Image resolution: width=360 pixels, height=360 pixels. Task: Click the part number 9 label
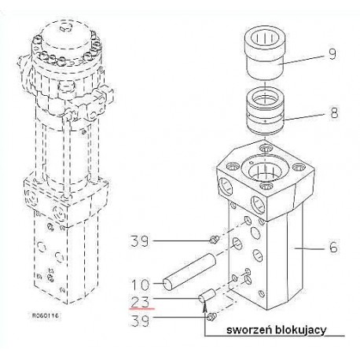pyautogui.click(x=332, y=53)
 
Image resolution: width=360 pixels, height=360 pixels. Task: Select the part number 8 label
pyautogui.click(x=334, y=113)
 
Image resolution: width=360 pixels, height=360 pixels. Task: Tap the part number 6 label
pyautogui.click(x=333, y=247)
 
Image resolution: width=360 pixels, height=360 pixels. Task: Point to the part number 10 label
pyautogui.click(x=140, y=285)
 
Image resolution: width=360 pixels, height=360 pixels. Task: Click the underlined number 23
pyautogui.click(x=140, y=302)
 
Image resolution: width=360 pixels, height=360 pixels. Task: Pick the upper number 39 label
pyautogui.click(x=140, y=241)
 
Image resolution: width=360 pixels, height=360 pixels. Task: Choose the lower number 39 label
pyautogui.click(x=140, y=320)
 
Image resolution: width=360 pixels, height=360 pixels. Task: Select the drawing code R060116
pyautogui.click(x=45, y=315)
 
